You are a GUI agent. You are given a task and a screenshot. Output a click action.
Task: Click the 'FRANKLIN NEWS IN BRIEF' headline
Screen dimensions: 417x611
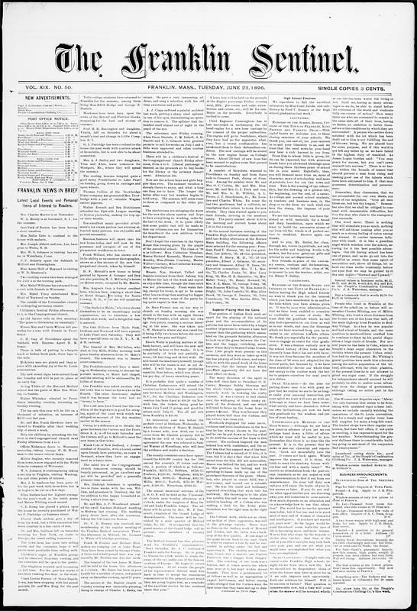(x=39, y=196)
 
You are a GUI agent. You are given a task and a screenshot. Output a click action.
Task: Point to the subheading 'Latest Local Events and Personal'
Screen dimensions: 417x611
(x=38, y=209)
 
